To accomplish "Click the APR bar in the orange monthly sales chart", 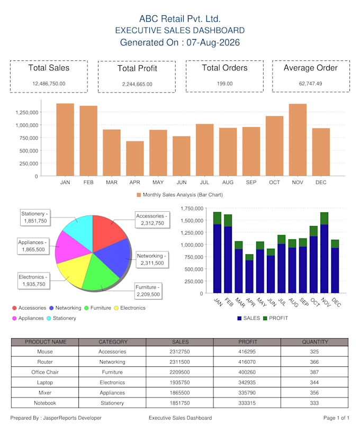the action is pos(135,158).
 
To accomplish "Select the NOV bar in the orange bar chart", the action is pos(298,140).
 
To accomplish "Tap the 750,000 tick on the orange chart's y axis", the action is pos(29,138).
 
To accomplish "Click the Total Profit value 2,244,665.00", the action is pos(137,84).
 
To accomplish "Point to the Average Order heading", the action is pos(311,68).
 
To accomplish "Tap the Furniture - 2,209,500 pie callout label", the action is pos(148,291).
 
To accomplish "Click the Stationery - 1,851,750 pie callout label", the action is pos(35,218).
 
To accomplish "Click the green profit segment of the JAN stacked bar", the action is pos(217,218).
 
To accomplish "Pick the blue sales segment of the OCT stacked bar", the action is pos(313,265).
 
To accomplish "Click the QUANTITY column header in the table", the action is pos(315,342).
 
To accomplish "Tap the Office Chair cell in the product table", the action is pos(45,372).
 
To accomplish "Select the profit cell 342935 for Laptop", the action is pos(247,383).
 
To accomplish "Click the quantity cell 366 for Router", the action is pos(314,362).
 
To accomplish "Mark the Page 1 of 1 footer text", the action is pos(336,418).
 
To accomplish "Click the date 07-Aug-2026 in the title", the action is pos(213,42).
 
